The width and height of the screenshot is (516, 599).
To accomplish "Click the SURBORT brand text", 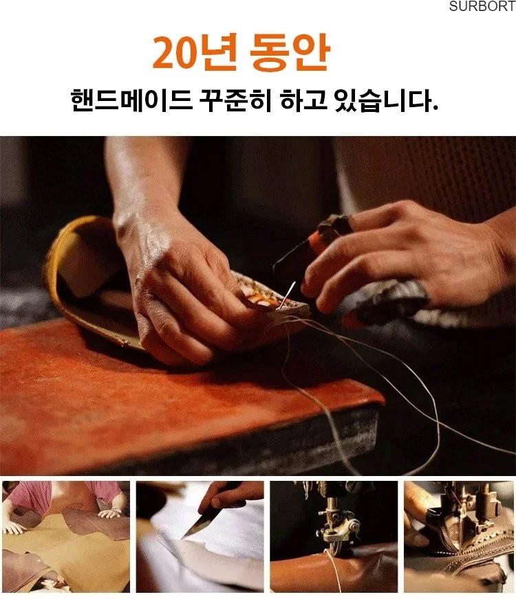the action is coord(482,6).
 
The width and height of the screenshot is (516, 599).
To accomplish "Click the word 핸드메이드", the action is coord(131,100).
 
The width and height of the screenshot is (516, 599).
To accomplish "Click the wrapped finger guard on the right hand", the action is coord(329,229).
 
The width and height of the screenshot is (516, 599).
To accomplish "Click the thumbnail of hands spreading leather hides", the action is coord(66,536).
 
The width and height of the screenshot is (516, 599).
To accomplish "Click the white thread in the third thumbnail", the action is coord(334,569).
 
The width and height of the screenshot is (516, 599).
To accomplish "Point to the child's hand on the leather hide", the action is coord(111,512).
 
